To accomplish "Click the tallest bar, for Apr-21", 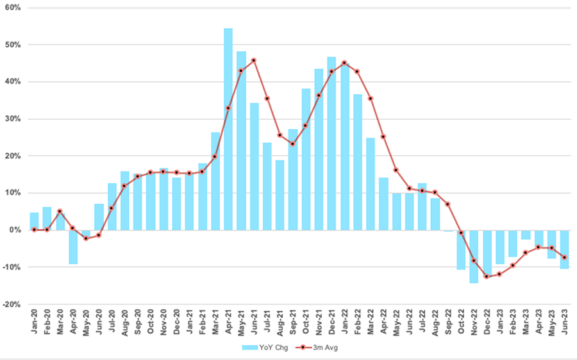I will [x=228, y=128].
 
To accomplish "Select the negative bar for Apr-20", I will [x=73, y=247].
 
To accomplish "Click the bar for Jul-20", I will [x=112, y=206].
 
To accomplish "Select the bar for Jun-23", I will [x=564, y=249].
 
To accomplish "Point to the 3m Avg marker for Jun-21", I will [x=254, y=60].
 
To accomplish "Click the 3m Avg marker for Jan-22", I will [x=344, y=63].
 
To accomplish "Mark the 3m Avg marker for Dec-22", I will [x=487, y=277].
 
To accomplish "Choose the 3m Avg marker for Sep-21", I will [x=292, y=144].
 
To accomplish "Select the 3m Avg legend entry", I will [x=321, y=347].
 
